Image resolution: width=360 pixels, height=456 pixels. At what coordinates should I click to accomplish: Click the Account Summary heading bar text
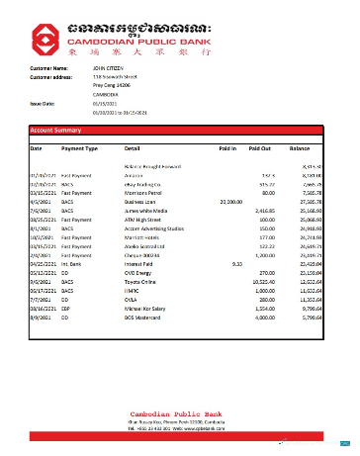pyautogui.click(x=55, y=131)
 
